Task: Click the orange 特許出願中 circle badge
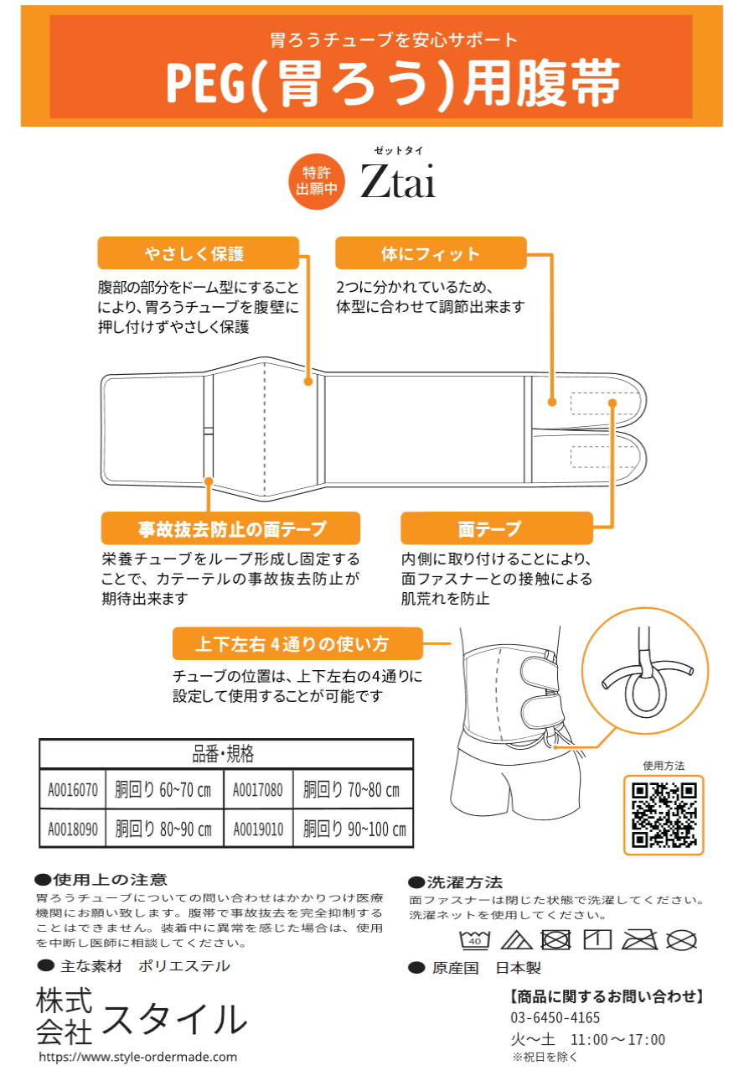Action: (x=316, y=181)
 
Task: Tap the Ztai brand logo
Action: (x=398, y=181)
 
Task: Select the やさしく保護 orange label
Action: (x=199, y=253)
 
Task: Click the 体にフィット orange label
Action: (x=431, y=253)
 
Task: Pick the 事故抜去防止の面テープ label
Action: (x=230, y=528)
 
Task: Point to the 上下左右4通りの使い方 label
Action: (x=297, y=643)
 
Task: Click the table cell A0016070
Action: (x=73, y=789)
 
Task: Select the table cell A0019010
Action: (x=258, y=829)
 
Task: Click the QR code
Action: (x=664, y=815)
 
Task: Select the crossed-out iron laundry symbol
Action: (x=640, y=939)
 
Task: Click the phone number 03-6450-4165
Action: (x=555, y=1017)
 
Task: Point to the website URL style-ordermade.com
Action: (x=138, y=1057)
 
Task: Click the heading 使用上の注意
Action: (x=101, y=879)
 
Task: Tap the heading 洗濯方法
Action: (x=456, y=881)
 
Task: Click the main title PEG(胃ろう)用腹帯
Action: (x=393, y=83)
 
